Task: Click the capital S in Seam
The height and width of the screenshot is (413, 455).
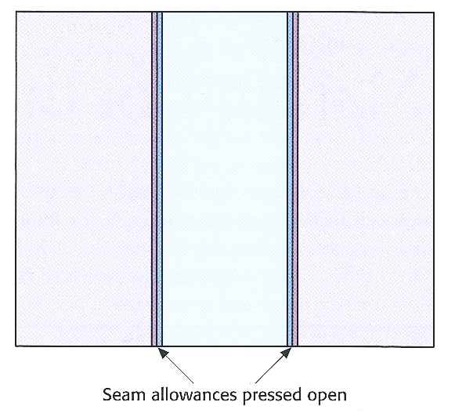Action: coord(107,395)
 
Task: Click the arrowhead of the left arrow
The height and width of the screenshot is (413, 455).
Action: coord(163,353)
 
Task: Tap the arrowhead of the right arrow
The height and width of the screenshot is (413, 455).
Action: coord(286,353)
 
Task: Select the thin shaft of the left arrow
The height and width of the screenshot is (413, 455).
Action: coord(179,369)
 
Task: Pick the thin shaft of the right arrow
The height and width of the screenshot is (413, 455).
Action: coord(269,369)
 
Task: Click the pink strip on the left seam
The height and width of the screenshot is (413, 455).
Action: coord(154,179)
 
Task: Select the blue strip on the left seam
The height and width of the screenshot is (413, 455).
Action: coord(159,179)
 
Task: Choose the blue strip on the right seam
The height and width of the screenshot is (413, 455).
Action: coord(290,179)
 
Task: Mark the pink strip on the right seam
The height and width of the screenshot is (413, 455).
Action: coord(295,179)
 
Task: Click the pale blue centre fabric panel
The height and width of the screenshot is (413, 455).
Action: coord(225,179)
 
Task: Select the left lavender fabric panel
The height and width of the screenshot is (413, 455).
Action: coord(84,179)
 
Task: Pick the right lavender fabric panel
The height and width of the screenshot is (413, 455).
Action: coord(366,179)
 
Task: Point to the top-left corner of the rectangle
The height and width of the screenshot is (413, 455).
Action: coord(16,12)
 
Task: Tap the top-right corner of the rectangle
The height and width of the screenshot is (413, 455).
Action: coord(434,13)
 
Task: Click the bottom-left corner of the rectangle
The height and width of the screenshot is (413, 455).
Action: coord(16,346)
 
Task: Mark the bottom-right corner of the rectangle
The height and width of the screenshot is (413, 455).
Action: coord(434,346)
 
